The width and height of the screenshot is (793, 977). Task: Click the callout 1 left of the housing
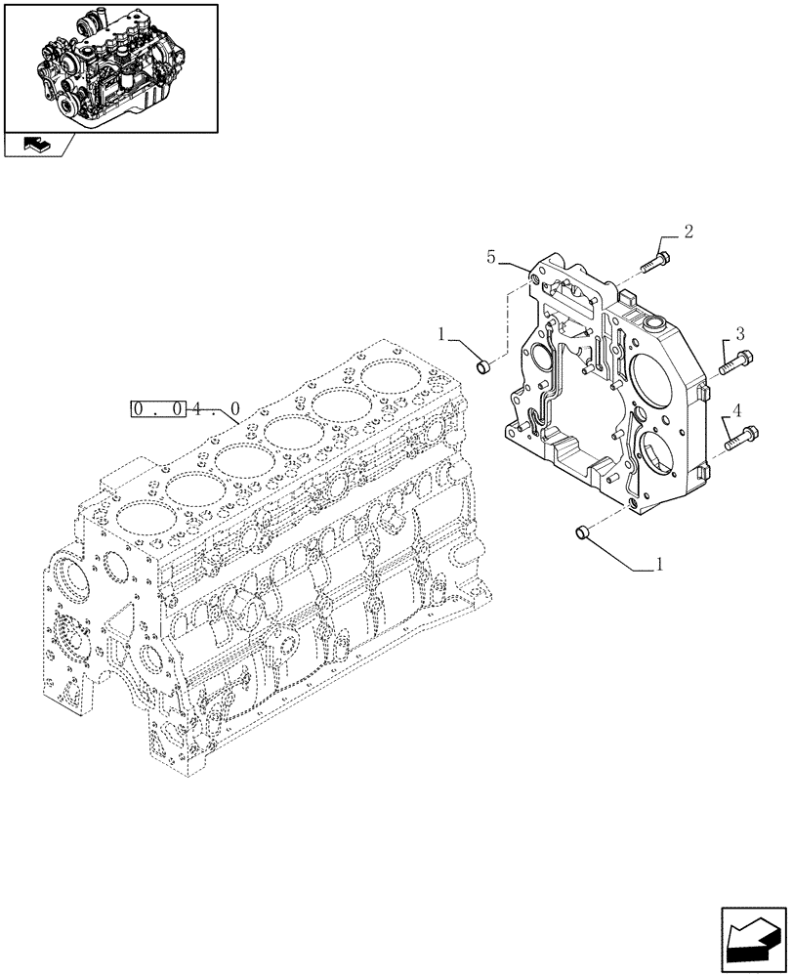coord(443,334)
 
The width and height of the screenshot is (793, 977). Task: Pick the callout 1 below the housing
coord(660,564)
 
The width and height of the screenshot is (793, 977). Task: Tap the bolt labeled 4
coord(741,438)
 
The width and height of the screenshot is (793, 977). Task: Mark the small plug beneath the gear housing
coord(579,531)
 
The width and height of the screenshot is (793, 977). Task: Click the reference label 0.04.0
coord(185,410)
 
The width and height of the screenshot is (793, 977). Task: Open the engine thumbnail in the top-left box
coord(110,66)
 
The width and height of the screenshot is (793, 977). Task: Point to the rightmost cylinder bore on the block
coord(389,375)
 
